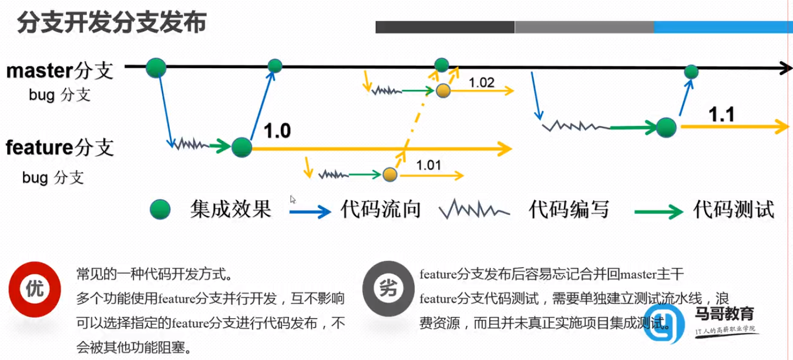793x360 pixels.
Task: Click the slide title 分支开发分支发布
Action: (112, 23)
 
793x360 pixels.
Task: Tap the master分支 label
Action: (59, 71)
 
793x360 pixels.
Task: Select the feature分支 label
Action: (59, 147)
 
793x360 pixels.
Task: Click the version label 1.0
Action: (277, 131)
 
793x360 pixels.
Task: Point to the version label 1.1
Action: (721, 115)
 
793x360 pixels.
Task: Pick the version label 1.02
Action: (482, 83)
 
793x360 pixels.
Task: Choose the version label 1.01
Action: (428, 165)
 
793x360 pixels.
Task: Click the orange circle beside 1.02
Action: (443, 90)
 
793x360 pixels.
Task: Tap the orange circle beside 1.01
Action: (389, 174)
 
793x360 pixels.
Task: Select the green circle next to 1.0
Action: (241, 147)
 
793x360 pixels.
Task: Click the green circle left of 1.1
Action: (666, 127)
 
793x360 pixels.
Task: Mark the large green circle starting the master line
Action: (156, 68)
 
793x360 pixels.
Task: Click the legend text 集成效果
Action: (230, 208)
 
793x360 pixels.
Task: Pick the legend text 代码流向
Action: (381, 208)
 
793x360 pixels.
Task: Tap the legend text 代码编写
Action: (568, 208)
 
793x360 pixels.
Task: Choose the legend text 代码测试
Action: (733, 208)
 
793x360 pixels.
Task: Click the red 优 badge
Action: (32, 288)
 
